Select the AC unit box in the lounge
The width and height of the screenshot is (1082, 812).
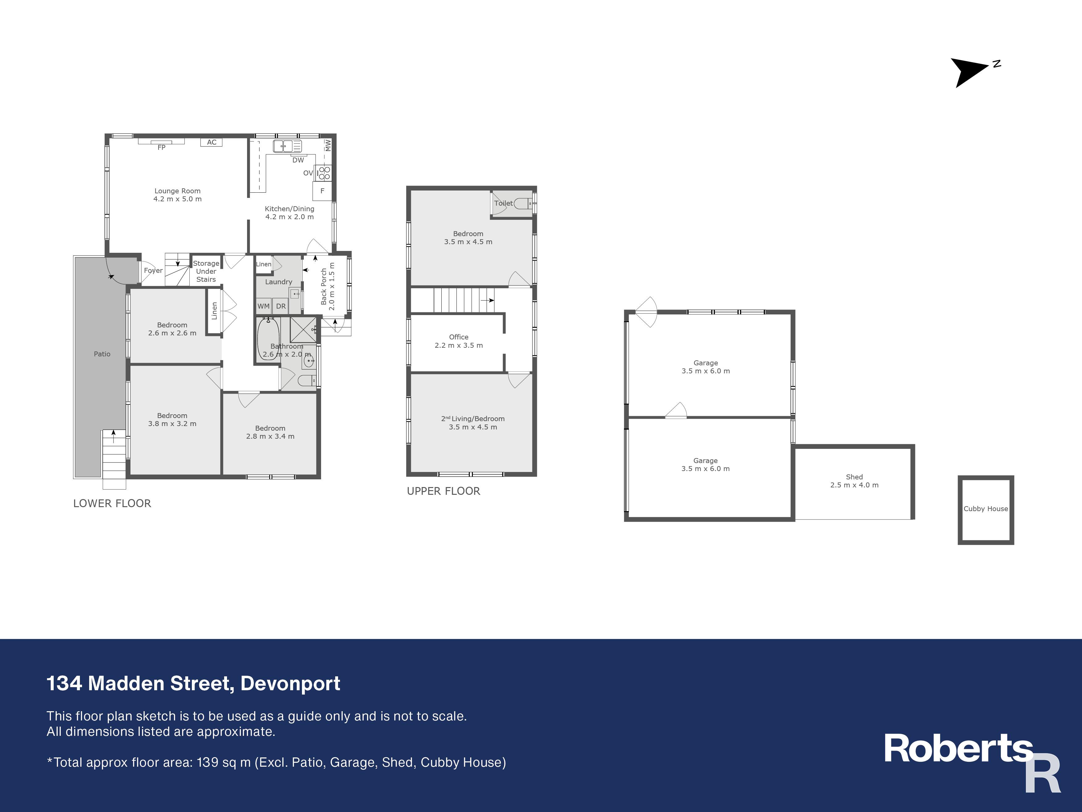211,142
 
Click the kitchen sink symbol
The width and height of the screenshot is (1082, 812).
287,146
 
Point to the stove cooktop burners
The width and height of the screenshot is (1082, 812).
323,173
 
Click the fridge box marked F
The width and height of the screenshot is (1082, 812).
322,191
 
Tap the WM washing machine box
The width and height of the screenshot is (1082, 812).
264,306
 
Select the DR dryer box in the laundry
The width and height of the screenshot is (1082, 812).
281,306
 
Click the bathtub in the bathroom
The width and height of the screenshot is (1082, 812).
268,339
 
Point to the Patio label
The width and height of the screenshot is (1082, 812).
102,354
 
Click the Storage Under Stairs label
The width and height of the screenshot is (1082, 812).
206,271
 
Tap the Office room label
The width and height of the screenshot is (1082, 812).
459,337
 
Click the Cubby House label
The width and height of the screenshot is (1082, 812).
986,509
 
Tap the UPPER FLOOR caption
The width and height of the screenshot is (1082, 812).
444,491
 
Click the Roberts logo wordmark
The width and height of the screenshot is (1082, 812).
958,749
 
